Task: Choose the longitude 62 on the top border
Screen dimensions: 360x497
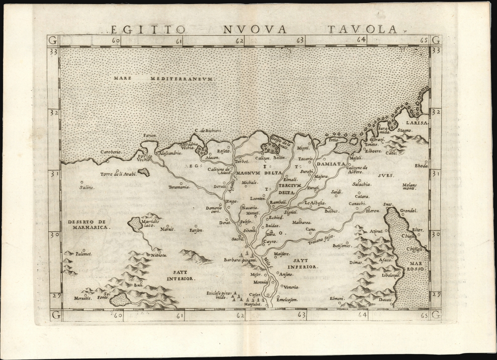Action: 240,40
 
